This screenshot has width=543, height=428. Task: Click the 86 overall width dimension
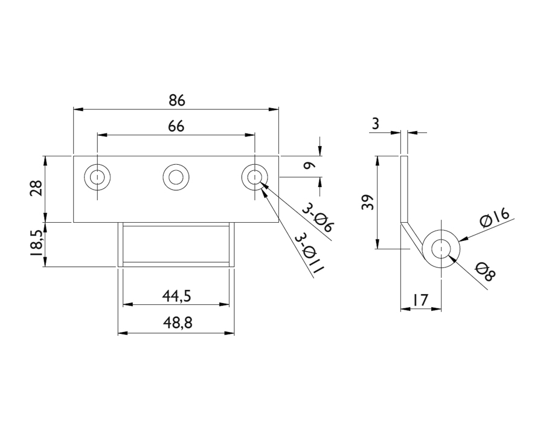tap(177, 100)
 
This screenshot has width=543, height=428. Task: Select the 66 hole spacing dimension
tap(176, 127)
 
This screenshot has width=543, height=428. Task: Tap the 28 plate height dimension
tap(37, 188)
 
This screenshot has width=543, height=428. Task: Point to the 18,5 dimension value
tap(37, 243)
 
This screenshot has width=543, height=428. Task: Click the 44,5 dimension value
tap(176, 296)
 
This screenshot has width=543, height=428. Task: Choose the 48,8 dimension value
tap(178, 323)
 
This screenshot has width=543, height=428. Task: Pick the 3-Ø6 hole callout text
tap(318, 218)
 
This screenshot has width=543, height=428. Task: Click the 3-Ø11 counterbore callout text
tap(309, 254)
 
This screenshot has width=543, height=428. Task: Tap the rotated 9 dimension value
tap(309, 166)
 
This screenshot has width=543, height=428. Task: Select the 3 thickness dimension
tap(376, 124)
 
